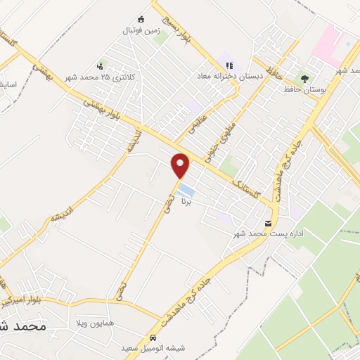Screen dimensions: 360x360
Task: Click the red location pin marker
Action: (181, 165)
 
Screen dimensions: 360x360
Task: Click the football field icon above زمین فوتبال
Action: (141, 19)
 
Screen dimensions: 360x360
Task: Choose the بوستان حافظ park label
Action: (304, 89)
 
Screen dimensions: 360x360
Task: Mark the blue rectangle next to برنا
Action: (186, 190)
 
